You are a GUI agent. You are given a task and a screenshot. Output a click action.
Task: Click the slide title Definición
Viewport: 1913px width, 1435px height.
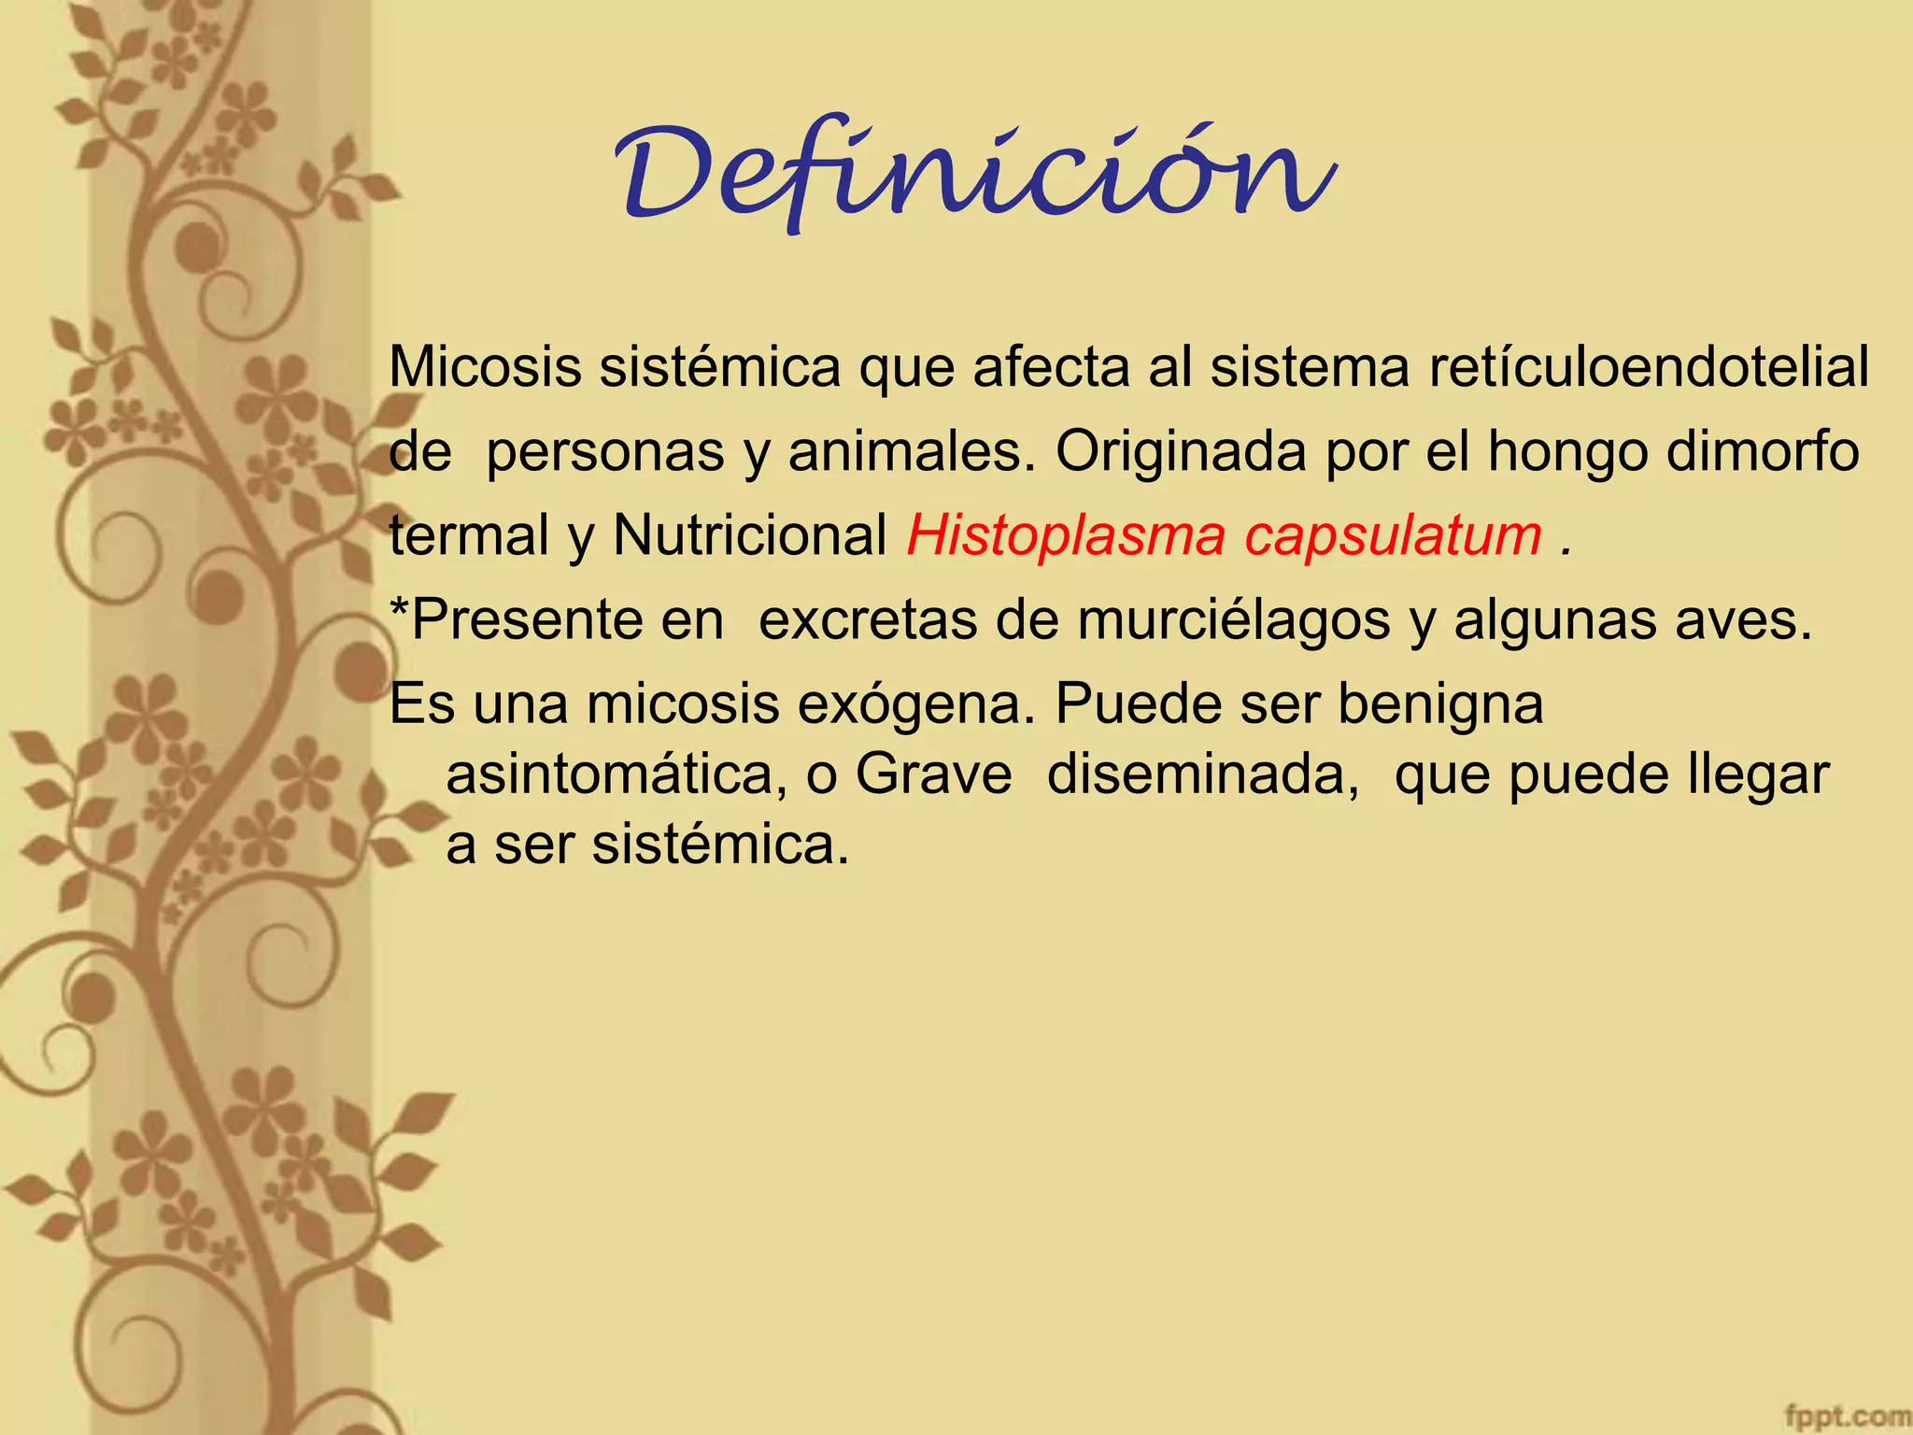[976, 174]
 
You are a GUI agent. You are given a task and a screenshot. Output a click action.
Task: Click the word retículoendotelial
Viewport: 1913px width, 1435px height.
[1649, 367]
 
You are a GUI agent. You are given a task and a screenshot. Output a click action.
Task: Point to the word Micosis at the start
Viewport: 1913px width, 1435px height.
[485, 367]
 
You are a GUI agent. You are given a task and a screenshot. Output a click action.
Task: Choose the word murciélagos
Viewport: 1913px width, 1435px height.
[1233, 621]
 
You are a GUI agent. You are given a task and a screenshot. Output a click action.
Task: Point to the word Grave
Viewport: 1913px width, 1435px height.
[933, 775]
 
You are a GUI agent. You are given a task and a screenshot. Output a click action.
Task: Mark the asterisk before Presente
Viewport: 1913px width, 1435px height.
[399, 607]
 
